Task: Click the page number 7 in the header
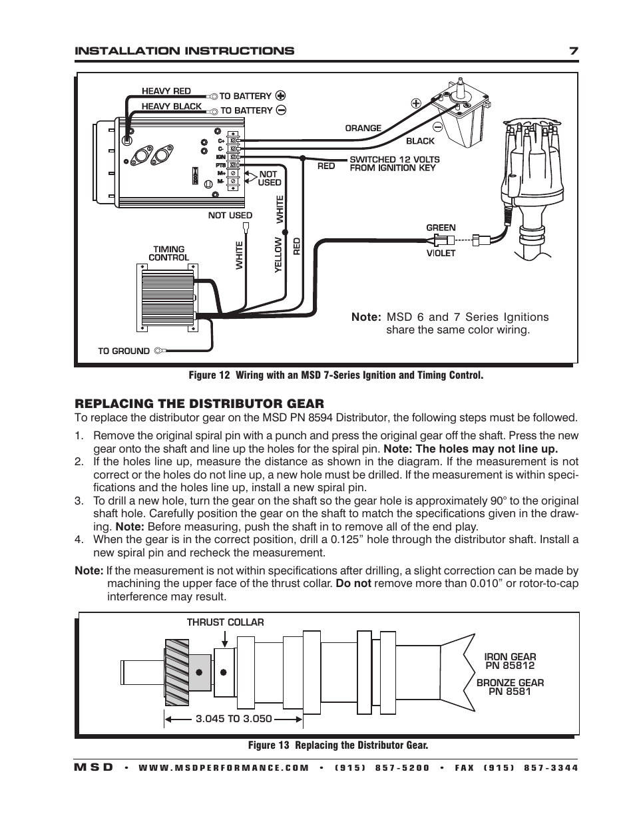(573, 51)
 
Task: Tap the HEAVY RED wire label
(166, 91)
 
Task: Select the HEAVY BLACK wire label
(171, 106)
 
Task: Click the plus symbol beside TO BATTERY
(281, 95)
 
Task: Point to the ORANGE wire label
(363, 128)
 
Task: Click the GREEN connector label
(441, 228)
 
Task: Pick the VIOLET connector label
(441, 253)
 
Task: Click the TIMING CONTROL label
(168, 254)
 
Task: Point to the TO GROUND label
(124, 351)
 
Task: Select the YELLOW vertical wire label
(279, 256)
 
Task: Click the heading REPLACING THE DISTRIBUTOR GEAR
(199, 403)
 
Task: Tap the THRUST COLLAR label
(225, 622)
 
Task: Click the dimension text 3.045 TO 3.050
(234, 719)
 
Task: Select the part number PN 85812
(510, 666)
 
